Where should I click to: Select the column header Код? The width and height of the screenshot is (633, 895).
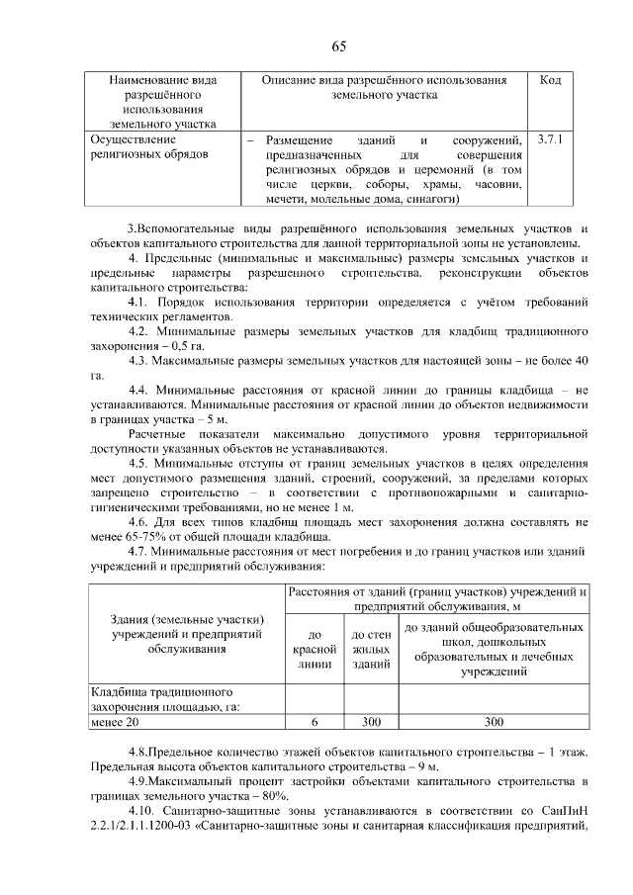550,80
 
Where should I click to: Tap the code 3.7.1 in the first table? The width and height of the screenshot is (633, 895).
550,140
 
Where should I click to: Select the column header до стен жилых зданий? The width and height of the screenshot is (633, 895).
368,650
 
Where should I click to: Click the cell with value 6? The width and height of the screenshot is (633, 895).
314,722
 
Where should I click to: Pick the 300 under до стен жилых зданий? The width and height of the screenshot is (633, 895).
368,722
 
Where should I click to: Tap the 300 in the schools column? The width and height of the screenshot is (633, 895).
493,722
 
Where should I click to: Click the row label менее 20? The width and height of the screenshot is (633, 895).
117,722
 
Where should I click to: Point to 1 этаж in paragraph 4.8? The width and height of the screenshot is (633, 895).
567,752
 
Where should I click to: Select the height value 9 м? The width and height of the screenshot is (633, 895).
427,766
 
